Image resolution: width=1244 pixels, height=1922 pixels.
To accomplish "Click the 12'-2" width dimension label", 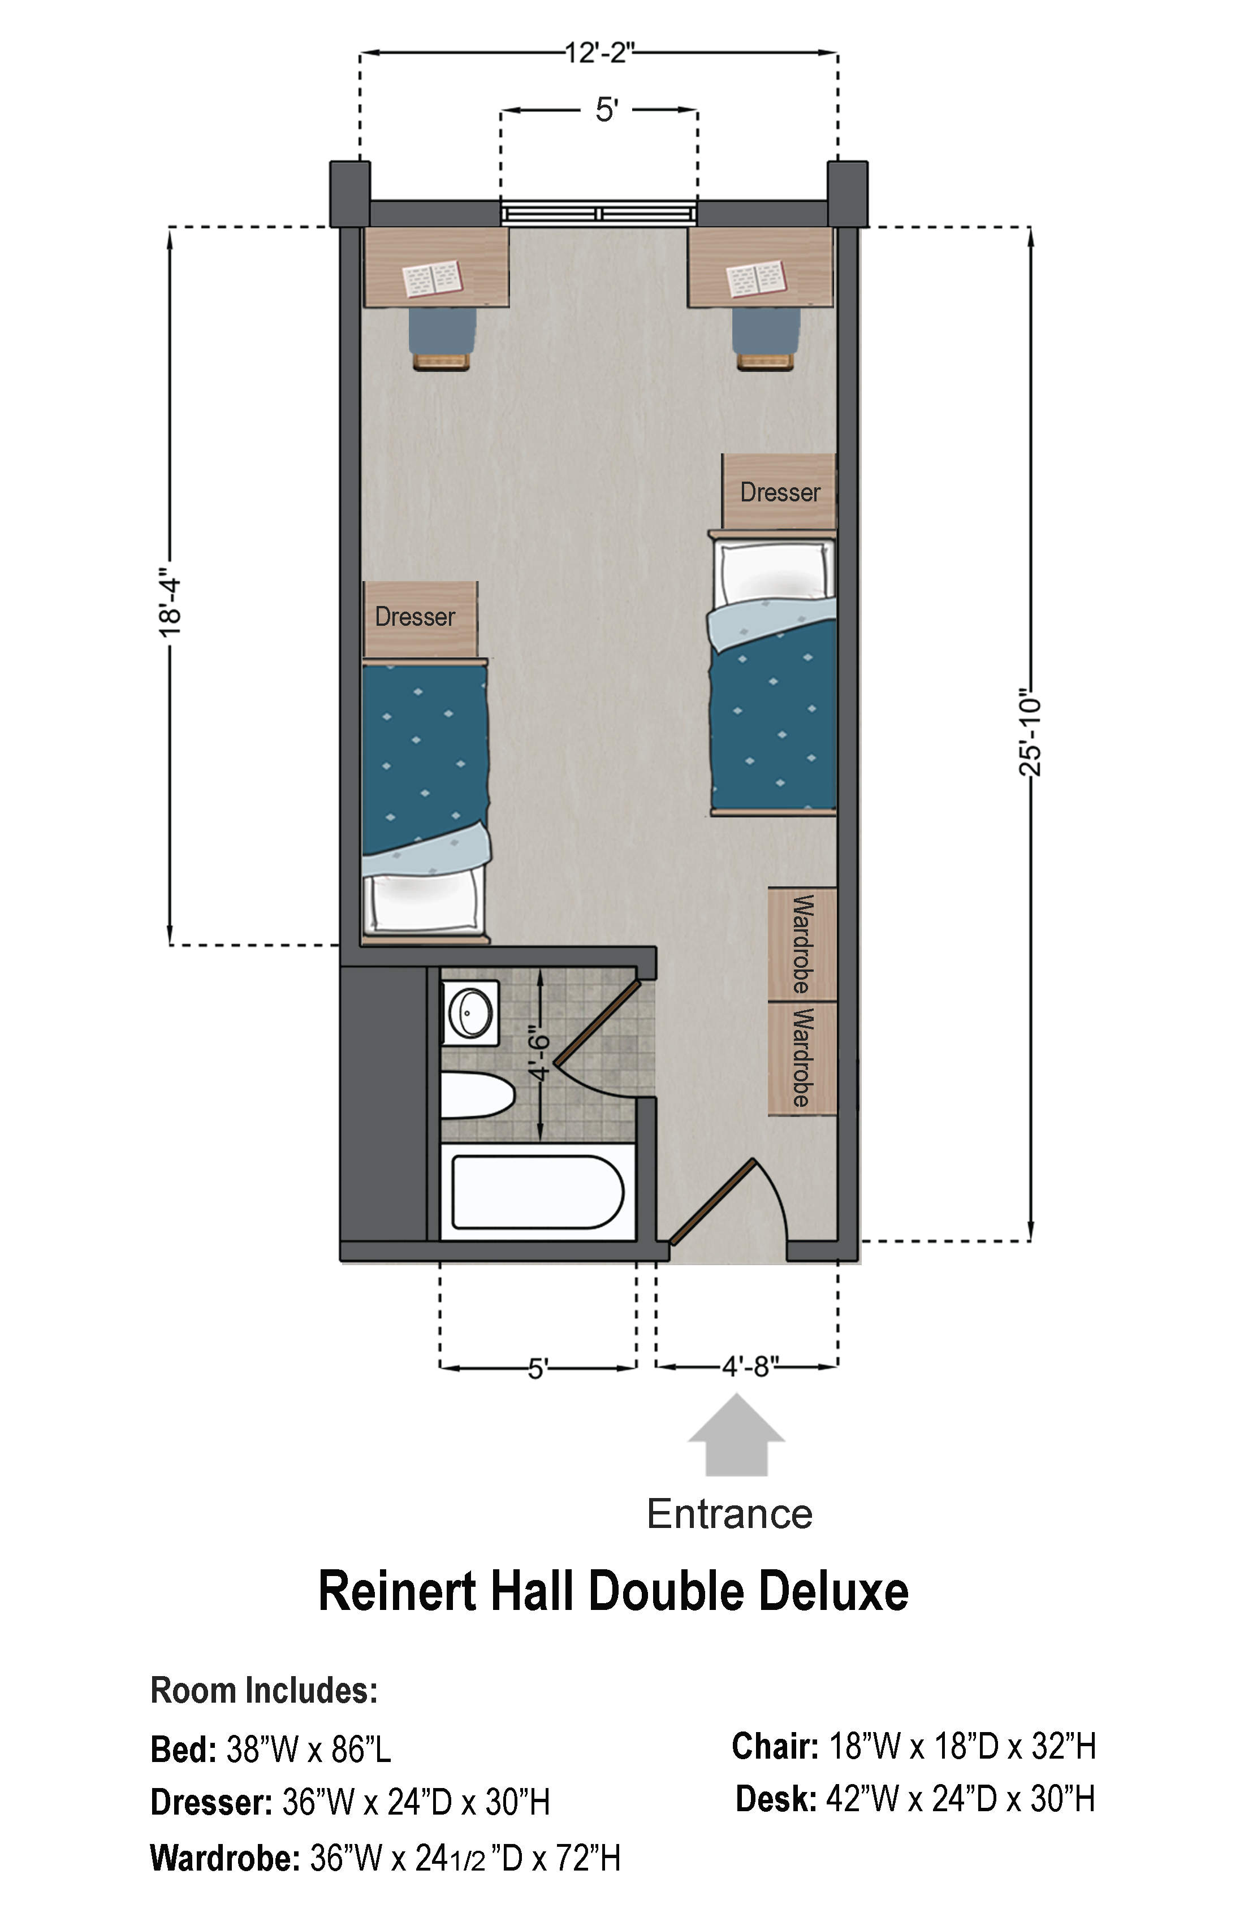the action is coord(599,53).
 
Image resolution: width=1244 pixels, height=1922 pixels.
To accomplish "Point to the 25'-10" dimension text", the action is coord(1030,733).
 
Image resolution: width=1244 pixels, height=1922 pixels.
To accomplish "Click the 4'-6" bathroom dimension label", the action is coord(539,1053).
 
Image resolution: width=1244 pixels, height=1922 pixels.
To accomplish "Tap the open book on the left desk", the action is coord(432,279).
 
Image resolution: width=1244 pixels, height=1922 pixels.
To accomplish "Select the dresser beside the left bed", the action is coord(420,618).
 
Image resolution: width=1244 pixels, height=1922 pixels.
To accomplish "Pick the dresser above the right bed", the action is coord(779,491).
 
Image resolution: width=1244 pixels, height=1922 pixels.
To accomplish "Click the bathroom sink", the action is coord(470,1012).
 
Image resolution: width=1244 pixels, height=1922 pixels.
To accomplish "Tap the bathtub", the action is coord(537,1192).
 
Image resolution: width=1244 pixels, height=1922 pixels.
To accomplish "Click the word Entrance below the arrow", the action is coord(729,1514).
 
